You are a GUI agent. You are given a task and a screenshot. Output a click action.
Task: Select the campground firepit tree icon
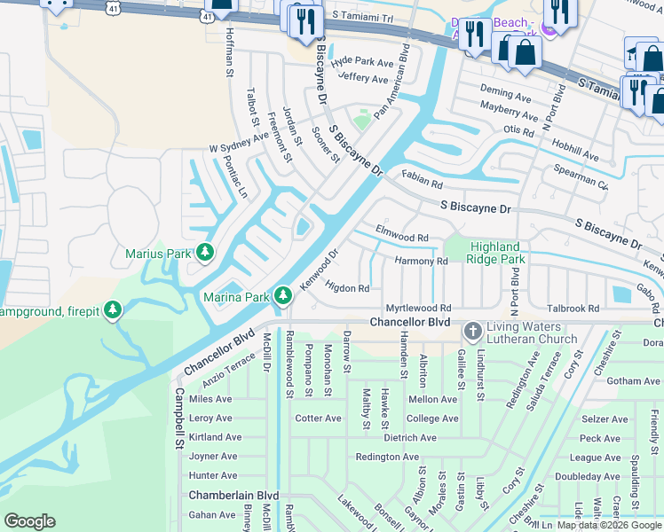coord(112,311)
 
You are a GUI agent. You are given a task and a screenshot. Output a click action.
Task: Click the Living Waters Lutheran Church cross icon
coord(471,332)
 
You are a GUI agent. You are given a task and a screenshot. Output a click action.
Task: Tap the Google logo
coord(30,520)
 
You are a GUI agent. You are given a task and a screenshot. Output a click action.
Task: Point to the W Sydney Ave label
coord(238,143)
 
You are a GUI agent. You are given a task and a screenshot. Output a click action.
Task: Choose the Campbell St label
coord(178,416)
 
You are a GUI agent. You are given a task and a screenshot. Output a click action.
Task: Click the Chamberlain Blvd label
coord(233,496)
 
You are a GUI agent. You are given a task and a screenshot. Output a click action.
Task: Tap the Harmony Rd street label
coord(421,262)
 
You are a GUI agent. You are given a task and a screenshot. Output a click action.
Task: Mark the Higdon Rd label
coord(347,288)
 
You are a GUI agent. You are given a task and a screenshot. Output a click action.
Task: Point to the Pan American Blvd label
coord(391,81)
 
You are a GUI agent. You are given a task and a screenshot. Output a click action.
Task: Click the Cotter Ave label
coord(318,419)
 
